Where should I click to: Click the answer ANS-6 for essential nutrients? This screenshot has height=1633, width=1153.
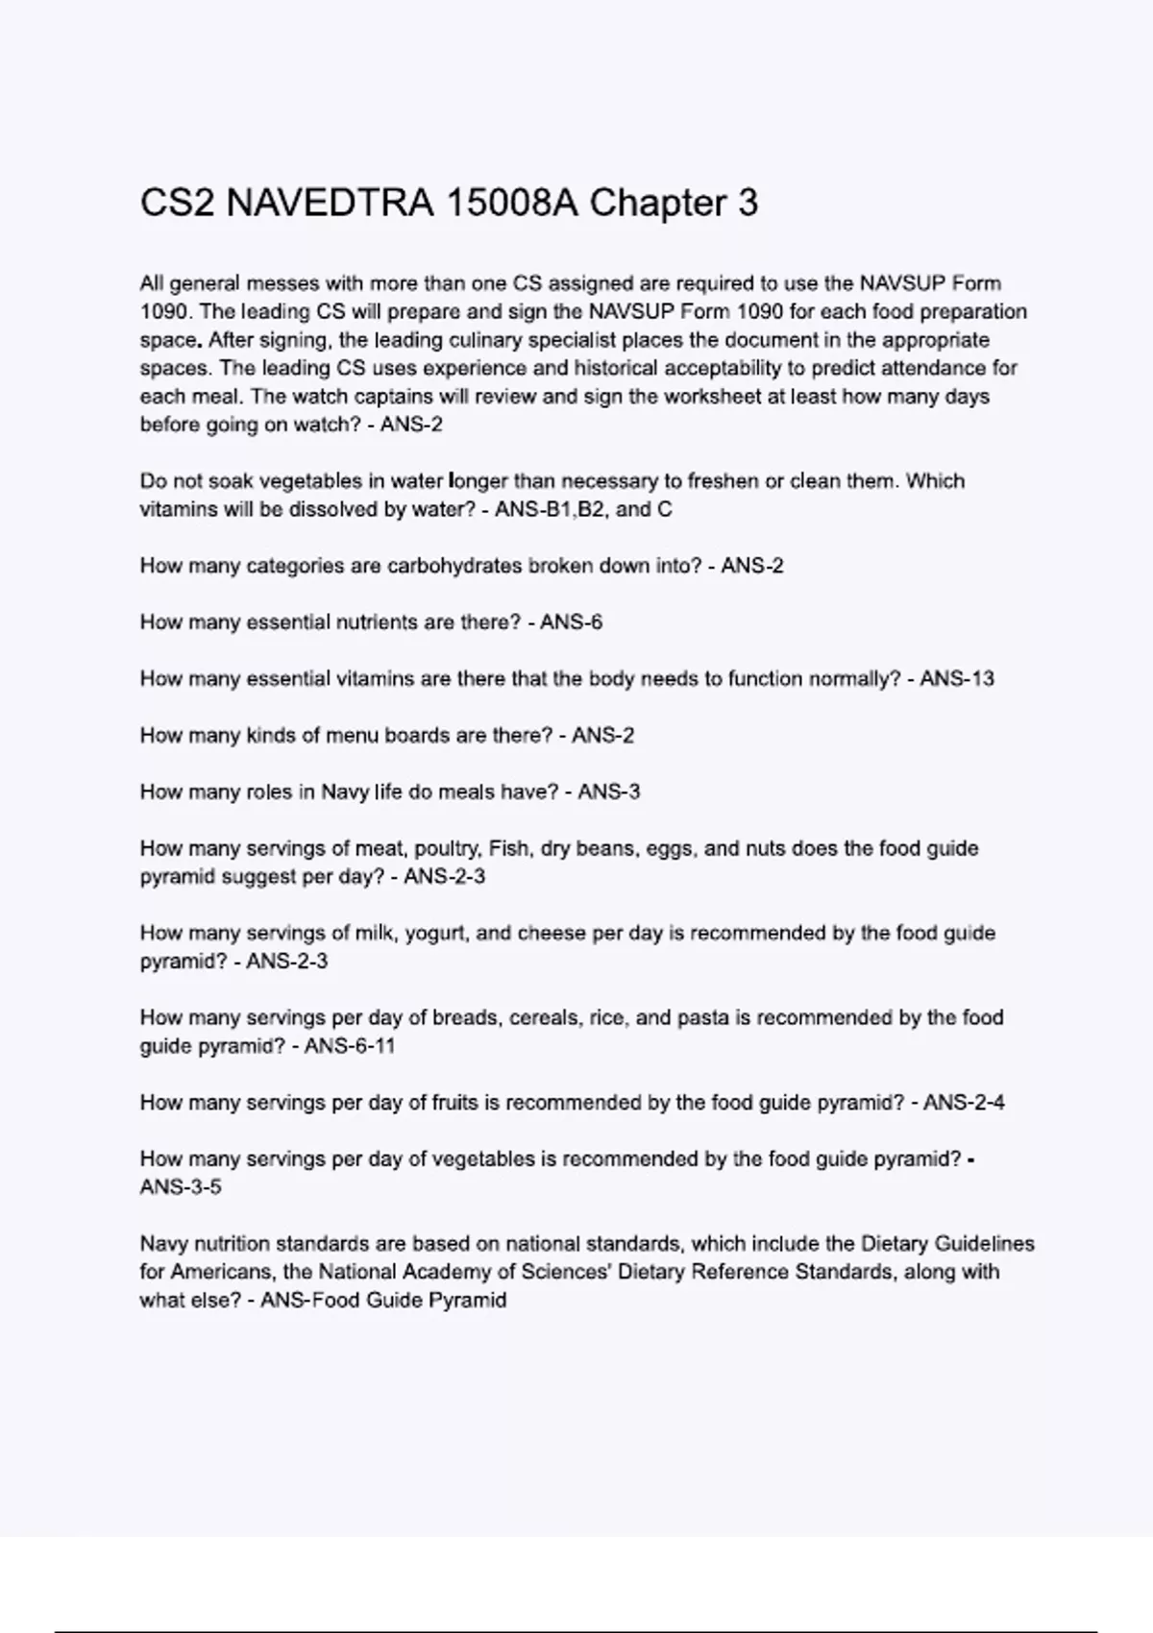(x=571, y=622)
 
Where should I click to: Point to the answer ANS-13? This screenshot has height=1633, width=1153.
(x=956, y=679)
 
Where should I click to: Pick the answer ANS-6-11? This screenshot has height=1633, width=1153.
(x=350, y=1046)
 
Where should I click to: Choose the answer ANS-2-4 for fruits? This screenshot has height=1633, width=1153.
(x=964, y=1103)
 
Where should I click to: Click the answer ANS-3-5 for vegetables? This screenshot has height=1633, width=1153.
(x=181, y=1187)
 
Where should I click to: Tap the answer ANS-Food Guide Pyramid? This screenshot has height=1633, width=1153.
(x=383, y=1301)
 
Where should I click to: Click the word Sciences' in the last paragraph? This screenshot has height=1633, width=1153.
(x=567, y=1272)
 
